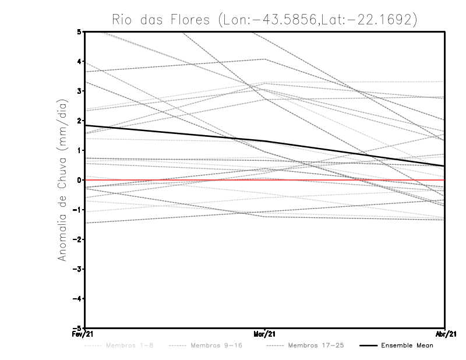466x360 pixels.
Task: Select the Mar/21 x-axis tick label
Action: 264,334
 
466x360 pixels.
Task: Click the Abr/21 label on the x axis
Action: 445,334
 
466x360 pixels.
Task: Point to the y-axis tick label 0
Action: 79,180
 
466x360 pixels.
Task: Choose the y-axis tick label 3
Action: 79,91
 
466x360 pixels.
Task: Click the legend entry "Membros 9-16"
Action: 220,345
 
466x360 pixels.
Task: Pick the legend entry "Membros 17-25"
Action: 316,345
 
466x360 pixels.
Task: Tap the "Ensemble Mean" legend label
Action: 407,345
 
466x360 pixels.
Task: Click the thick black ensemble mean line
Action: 175,133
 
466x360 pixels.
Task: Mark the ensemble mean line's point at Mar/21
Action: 265,140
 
